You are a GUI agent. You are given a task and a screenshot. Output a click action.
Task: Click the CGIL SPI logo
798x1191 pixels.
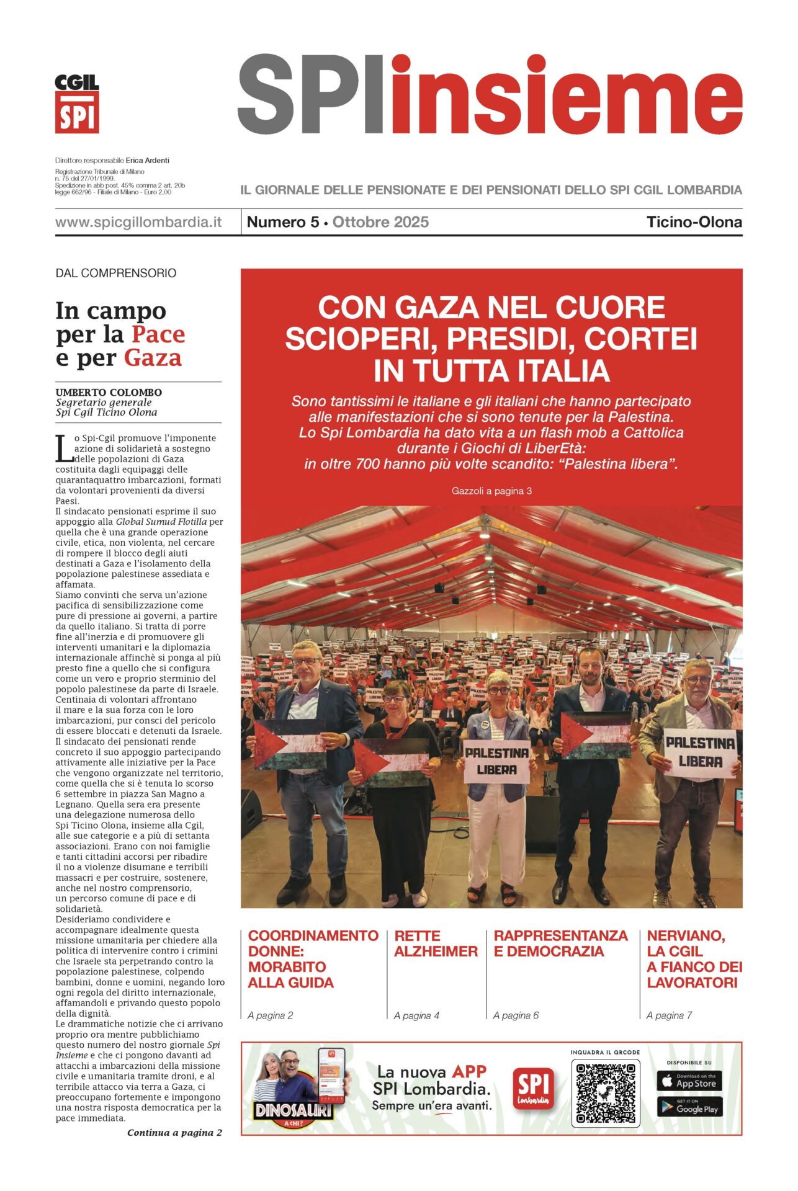[x=77, y=104]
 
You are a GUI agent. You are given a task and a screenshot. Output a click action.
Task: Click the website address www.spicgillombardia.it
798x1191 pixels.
[x=138, y=222]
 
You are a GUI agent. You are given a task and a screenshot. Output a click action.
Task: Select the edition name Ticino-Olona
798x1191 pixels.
[x=694, y=222]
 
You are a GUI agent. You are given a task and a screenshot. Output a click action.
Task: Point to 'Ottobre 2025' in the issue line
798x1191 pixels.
[x=380, y=222]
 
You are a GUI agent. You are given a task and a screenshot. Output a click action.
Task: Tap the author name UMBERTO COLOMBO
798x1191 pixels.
[x=109, y=392]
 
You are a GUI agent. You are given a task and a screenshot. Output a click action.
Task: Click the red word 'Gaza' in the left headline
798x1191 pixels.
[x=153, y=358]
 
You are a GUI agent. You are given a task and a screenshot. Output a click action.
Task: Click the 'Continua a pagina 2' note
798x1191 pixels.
[x=174, y=1132]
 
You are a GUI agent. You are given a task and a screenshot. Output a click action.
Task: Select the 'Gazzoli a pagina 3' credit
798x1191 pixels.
[x=491, y=491]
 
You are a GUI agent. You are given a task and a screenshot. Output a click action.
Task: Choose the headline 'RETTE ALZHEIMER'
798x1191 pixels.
[x=436, y=943]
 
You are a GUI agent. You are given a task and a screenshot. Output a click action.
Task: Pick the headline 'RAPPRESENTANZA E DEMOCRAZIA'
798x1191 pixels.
[x=560, y=943]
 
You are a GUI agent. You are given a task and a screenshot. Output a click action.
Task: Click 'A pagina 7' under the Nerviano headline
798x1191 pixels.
[x=669, y=1015]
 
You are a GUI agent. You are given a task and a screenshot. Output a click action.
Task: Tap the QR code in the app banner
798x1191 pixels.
[x=605, y=1094]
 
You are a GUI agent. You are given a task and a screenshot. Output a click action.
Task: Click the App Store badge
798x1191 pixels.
[x=689, y=1081]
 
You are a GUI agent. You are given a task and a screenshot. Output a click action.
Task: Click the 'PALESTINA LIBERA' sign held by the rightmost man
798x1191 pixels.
[x=700, y=752]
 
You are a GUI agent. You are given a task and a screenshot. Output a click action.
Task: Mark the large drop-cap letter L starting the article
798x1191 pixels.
[x=63, y=448]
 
